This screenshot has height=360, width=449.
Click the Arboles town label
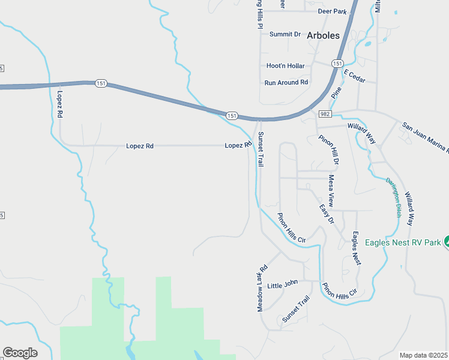tap(323, 35)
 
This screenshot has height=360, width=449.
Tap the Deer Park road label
tap(333, 11)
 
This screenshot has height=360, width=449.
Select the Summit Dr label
tap(285, 34)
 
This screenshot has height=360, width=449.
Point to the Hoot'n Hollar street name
tap(285, 66)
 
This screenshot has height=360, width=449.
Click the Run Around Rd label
tap(286, 82)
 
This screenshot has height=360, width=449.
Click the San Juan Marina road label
tap(425, 137)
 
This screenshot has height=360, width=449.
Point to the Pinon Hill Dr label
tap(329, 150)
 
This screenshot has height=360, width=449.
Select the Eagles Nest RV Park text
tap(397, 242)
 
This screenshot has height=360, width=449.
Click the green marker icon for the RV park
tap(446, 242)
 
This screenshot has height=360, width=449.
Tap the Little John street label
tap(282, 283)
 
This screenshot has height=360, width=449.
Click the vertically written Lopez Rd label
tap(60, 106)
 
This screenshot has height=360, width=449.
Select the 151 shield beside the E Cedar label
tap(337, 64)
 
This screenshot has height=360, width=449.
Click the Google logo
tap(20, 353)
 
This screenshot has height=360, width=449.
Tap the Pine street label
tap(336, 92)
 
